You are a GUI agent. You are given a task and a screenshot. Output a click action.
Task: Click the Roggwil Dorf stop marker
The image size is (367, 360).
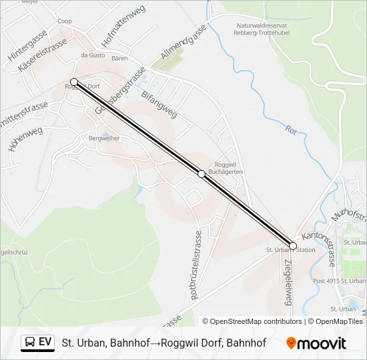tap(74, 82)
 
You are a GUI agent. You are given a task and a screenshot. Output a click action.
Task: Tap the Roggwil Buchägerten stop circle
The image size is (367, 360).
tap(202, 173)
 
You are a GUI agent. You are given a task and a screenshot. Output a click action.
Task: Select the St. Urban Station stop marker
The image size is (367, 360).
tap(293, 246)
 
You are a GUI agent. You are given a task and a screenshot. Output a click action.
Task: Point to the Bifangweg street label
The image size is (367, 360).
tap(159, 103)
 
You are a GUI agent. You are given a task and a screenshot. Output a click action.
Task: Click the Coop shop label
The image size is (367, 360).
tap(65, 21)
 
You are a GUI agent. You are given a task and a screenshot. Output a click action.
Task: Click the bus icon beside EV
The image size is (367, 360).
tap(30, 343)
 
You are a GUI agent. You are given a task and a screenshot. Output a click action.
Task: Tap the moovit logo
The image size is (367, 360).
tap(316, 343)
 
